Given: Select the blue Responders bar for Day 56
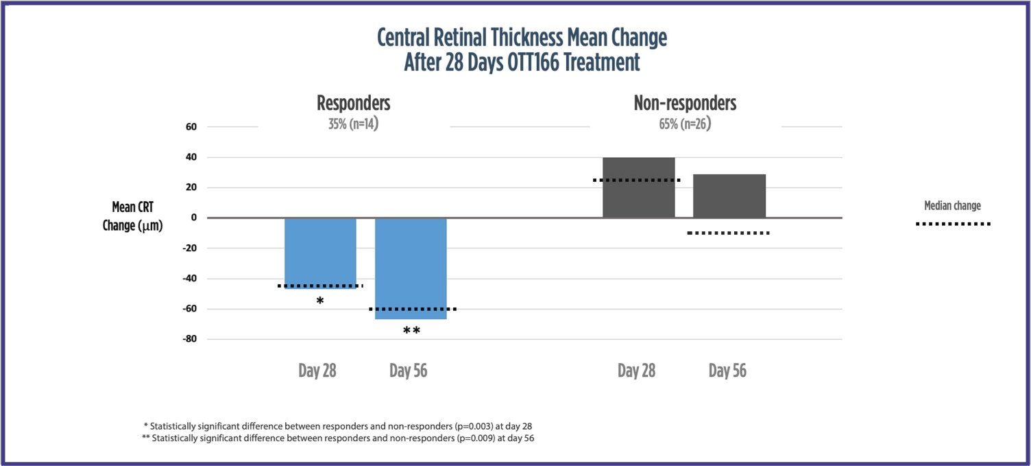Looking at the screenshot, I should pyautogui.click(x=411, y=268).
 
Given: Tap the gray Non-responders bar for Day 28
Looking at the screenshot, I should pyautogui.click(x=638, y=187).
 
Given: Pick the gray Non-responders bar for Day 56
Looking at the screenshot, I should pyautogui.click(x=729, y=196).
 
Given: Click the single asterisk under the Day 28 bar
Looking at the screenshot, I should pyautogui.click(x=320, y=301).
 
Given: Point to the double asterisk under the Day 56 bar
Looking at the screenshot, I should pyautogui.click(x=411, y=331).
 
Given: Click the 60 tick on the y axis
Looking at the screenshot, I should pyautogui.click(x=191, y=127).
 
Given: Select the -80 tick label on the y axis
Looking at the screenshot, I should pyautogui.click(x=188, y=339).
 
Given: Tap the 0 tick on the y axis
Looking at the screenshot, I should pyautogui.click(x=193, y=218).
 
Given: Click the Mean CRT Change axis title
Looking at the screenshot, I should pyautogui.click(x=132, y=216).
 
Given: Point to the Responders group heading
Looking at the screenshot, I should pyautogui.click(x=353, y=104).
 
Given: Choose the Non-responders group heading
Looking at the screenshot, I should pyautogui.click(x=685, y=104).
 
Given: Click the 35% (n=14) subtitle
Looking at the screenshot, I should pyautogui.click(x=353, y=126).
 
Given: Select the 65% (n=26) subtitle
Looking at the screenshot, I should pyautogui.click(x=685, y=126).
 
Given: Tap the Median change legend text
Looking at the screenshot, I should pyautogui.click(x=952, y=205).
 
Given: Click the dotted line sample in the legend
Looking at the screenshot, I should pyautogui.click(x=953, y=224).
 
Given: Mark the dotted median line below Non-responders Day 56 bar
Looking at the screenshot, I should pyautogui.click(x=728, y=233).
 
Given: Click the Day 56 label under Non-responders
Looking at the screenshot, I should pyautogui.click(x=727, y=371).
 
